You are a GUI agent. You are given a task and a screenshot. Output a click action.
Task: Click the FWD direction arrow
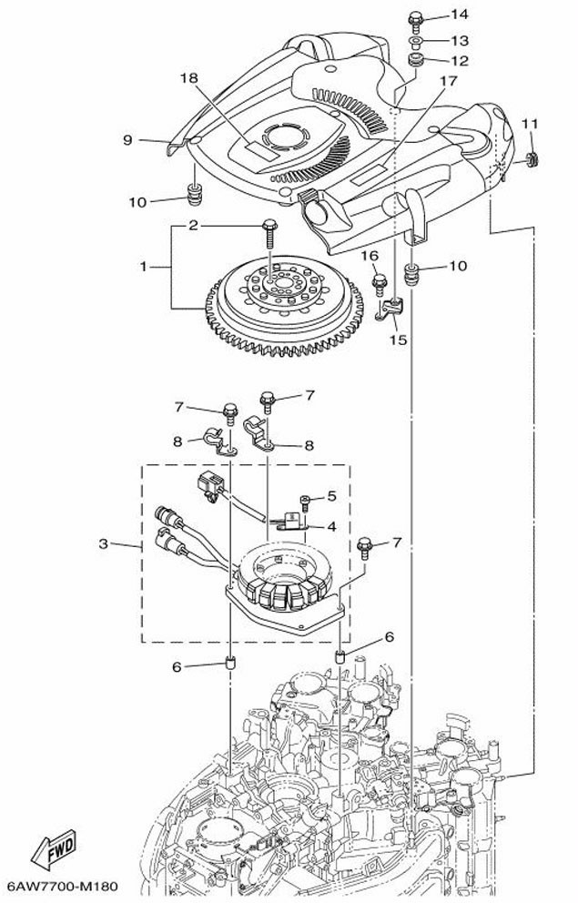pyautogui.click(x=54, y=849)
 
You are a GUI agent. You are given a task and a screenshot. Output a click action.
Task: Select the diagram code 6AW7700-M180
pyautogui.click(x=62, y=886)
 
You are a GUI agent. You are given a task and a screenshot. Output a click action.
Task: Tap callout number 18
pyautogui.click(x=188, y=77)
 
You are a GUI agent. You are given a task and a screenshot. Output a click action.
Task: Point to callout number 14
pyautogui.click(x=460, y=15)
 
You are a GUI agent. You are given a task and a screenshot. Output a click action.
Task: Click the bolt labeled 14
pyautogui.click(x=416, y=21)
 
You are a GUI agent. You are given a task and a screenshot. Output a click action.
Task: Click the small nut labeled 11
pyautogui.click(x=532, y=159)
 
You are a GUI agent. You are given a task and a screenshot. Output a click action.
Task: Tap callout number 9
pyautogui.click(x=127, y=140)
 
